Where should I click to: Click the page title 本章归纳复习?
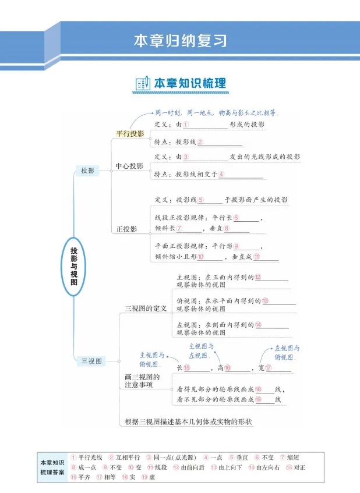(180, 41)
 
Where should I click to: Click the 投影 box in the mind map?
(87, 171)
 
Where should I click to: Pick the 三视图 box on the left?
(91, 361)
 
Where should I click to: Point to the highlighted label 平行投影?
(129, 134)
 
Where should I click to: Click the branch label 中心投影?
(129, 166)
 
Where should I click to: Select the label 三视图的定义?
(146, 308)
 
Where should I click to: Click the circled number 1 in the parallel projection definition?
(186, 125)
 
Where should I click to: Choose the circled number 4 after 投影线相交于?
(221, 175)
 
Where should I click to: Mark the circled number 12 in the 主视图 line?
(257, 278)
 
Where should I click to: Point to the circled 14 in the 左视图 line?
(258, 325)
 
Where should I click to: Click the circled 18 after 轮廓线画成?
(259, 389)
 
